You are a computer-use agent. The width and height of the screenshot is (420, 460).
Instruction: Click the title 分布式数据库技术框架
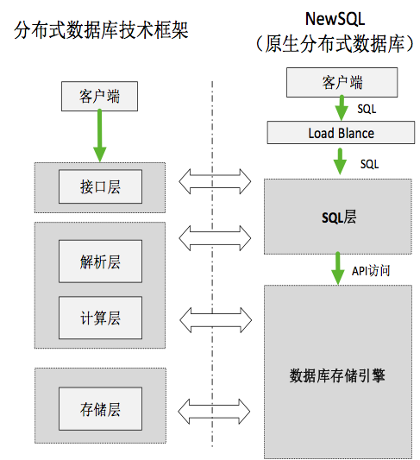pos(102,31)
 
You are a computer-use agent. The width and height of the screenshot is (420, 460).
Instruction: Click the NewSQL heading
pos(342,18)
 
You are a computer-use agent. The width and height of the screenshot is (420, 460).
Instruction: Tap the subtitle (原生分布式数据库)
pos(342,45)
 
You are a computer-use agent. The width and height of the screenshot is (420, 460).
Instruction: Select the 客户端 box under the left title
pos(100,96)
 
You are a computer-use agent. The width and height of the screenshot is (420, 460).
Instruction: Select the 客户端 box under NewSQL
pos(342,82)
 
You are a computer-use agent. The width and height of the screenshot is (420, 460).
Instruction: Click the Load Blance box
pos(342,133)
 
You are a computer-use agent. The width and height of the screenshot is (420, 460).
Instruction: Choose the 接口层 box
pos(100,186)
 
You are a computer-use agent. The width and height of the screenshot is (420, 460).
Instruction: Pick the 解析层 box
pos(100,262)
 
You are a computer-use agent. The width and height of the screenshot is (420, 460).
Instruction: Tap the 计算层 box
pos(100,318)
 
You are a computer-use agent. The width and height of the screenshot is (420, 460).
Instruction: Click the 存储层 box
pos(100,409)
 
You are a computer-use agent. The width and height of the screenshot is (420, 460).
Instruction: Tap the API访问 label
pos(371,271)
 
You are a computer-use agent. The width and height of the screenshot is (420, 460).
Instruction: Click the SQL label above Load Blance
pos(367,110)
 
